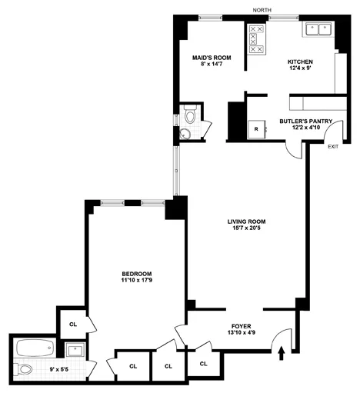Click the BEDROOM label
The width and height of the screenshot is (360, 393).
tap(136, 274)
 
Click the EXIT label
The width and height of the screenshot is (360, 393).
tap(332, 146)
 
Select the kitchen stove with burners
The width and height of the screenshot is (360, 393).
tap(256, 43)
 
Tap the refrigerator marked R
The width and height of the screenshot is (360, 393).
tap(255, 130)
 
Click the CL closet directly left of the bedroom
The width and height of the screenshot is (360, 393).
tap(73, 325)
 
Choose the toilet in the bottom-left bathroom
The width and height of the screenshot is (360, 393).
tap(26, 370)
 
